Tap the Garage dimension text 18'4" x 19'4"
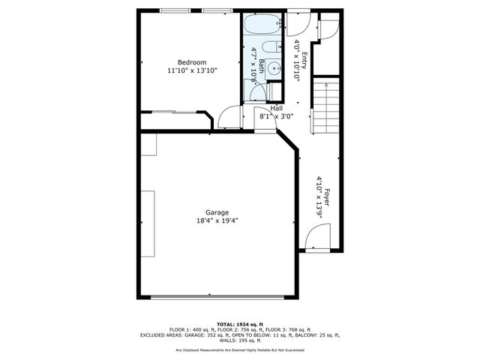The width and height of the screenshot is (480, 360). click(x=217, y=221)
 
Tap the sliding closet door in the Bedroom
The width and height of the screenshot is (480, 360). click(x=172, y=112)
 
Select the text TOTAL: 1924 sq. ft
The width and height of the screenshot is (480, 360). click(x=239, y=323)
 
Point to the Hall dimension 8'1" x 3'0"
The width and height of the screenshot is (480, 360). click(x=276, y=117)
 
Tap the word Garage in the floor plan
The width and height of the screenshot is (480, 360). click(x=217, y=212)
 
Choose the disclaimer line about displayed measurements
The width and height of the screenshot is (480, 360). click(x=239, y=350)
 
